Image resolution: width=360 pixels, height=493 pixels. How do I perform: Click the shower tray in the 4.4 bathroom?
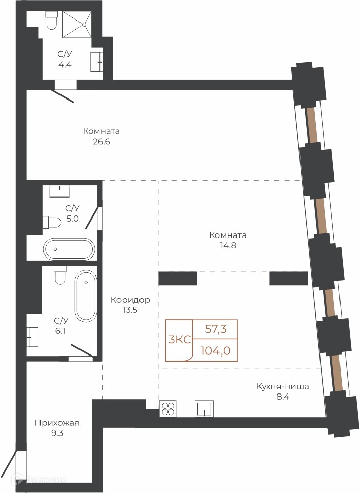(77, 25)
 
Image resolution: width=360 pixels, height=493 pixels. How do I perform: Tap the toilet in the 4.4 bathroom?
(51, 20)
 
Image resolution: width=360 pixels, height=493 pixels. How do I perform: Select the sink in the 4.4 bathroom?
(96, 62)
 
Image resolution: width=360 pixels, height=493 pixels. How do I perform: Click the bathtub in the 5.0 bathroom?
(69, 249)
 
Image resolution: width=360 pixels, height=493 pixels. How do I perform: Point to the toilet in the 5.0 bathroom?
(52, 222)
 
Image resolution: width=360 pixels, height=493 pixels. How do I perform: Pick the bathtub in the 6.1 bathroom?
(86, 295)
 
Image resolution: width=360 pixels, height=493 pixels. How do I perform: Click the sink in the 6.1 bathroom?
(33, 337)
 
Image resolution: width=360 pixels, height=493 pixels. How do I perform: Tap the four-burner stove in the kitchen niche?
(168, 408)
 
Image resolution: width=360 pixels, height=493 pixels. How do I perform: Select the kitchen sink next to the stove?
(205, 408)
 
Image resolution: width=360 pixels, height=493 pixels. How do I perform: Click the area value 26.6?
(101, 142)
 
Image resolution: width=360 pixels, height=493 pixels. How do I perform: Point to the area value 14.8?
(228, 246)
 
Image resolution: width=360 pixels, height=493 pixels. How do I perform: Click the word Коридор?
(130, 300)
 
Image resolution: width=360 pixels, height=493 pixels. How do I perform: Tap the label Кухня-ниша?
(283, 386)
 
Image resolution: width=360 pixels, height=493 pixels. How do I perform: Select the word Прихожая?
(57, 423)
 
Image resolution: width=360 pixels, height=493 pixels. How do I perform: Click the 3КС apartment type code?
(180, 340)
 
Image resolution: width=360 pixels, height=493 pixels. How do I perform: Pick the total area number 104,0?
(215, 350)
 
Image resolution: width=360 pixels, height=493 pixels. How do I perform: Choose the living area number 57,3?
(216, 329)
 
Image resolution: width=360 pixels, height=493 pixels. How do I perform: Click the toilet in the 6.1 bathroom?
(59, 275)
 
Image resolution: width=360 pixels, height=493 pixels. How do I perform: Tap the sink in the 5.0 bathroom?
(59, 191)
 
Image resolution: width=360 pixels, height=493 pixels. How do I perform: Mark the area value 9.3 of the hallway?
(57, 433)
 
